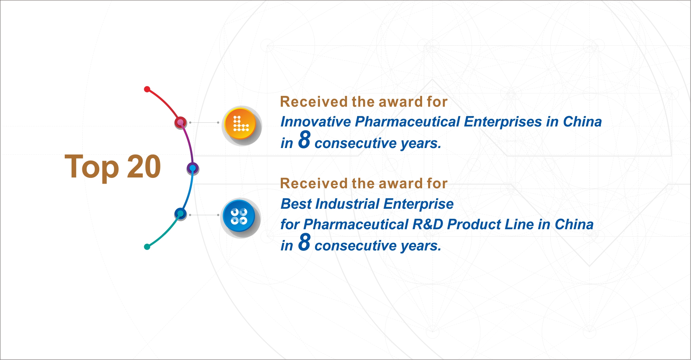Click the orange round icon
click(x=240, y=124)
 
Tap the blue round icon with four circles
click(x=239, y=216)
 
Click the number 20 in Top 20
click(x=144, y=166)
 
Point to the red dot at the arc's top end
click(x=147, y=89)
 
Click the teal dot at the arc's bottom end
click(x=147, y=246)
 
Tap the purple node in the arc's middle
click(x=193, y=168)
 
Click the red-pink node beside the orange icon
click(x=180, y=123)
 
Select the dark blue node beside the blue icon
click(x=180, y=214)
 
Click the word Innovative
click(x=316, y=122)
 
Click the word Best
click(x=296, y=204)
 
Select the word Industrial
click(x=347, y=204)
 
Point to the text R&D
click(x=427, y=225)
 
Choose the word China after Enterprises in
click(x=582, y=122)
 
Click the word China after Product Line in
click(x=574, y=225)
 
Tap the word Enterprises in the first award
click(x=503, y=122)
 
